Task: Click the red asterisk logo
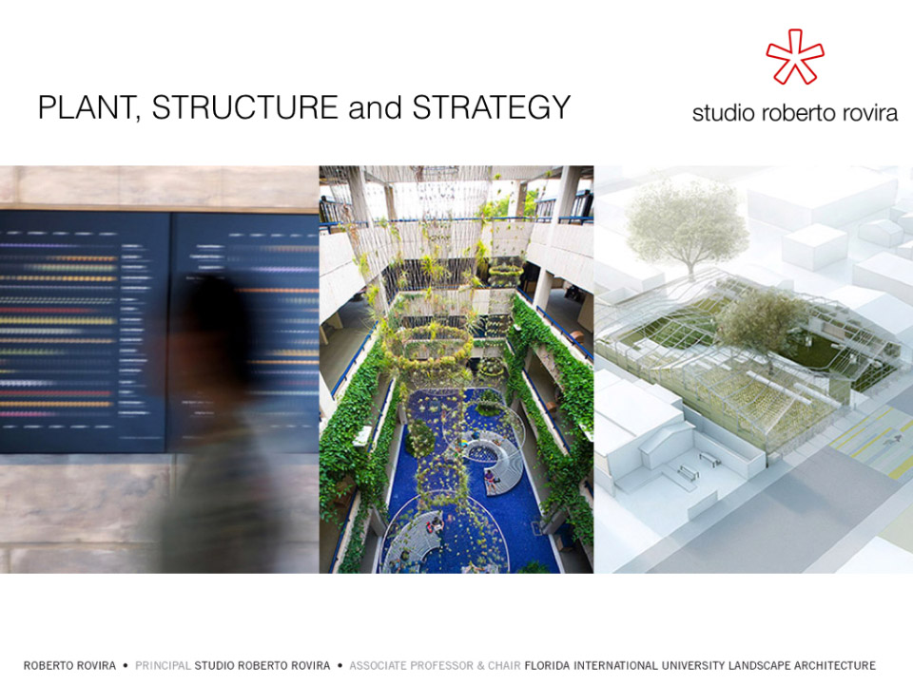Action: [x=795, y=56]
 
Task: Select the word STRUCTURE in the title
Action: [x=245, y=107]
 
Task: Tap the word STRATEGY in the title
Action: [x=492, y=107]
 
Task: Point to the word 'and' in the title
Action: [x=375, y=107]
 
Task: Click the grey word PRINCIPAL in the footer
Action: [x=163, y=665]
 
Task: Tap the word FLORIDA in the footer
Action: [x=547, y=665]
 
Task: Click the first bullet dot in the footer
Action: [x=126, y=665]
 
